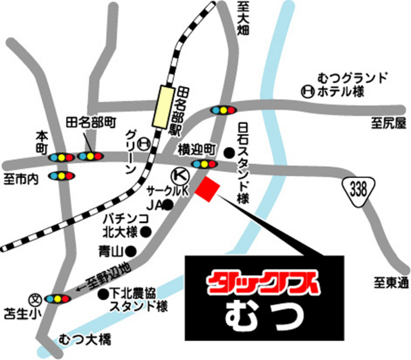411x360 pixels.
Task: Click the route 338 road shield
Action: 358,190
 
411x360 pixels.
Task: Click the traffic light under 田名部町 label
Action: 90,156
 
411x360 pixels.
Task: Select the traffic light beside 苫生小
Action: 58,298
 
